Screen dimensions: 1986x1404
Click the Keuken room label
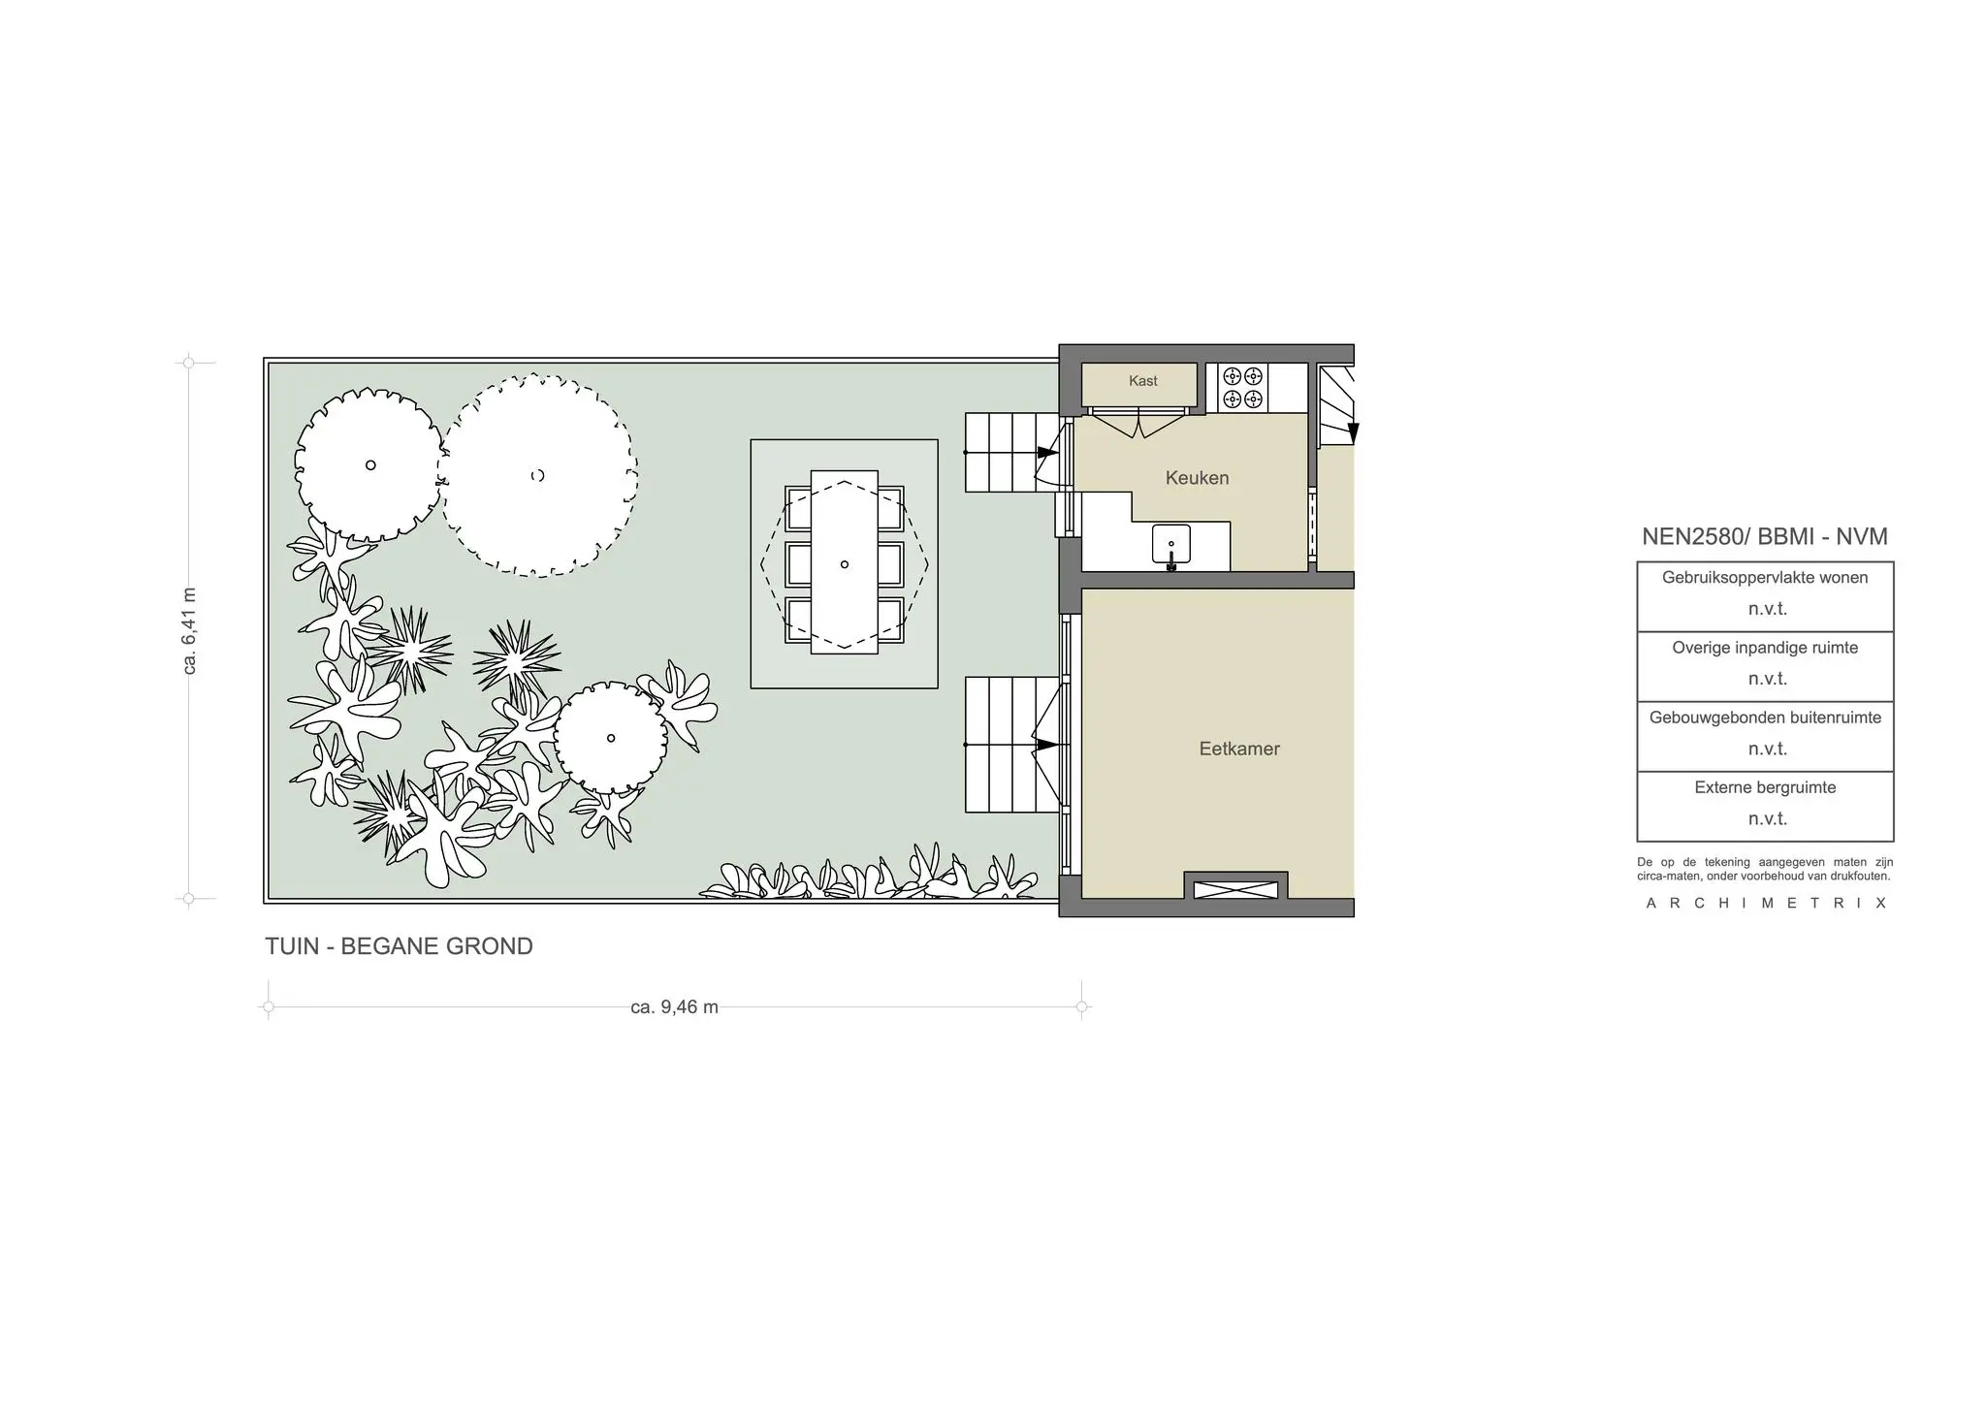click(x=1197, y=478)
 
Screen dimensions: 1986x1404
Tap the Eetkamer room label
click(x=1239, y=749)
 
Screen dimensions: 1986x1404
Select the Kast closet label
click(x=1143, y=381)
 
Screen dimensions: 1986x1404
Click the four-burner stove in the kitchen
click(x=1242, y=387)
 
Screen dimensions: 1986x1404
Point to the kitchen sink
click(x=1171, y=545)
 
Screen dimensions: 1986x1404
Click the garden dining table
click(x=845, y=562)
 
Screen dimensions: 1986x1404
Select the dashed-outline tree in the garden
click(x=537, y=475)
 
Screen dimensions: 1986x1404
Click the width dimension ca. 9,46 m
click(x=675, y=1007)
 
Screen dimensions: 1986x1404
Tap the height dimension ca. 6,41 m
click(x=190, y=630)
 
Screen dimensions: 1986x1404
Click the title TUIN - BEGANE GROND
click(x=399, y=946)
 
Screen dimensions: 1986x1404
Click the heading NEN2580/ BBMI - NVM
click(x=1765, y=536)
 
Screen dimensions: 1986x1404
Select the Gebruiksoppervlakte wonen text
click(x=1765, y=578)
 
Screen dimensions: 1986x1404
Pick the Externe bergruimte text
click(x=1765, y=787)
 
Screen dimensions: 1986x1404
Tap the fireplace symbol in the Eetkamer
click(x=1235, y=889)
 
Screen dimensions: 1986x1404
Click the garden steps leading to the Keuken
click(x=1012, y=453)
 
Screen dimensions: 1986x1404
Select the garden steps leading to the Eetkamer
click(x=1012, y=745)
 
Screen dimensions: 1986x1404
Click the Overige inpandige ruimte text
click(x=1765, y=648)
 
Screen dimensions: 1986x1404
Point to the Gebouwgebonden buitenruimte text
click(x=1765, y=718)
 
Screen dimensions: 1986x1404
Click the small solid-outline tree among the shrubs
click(x=611, y=738)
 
